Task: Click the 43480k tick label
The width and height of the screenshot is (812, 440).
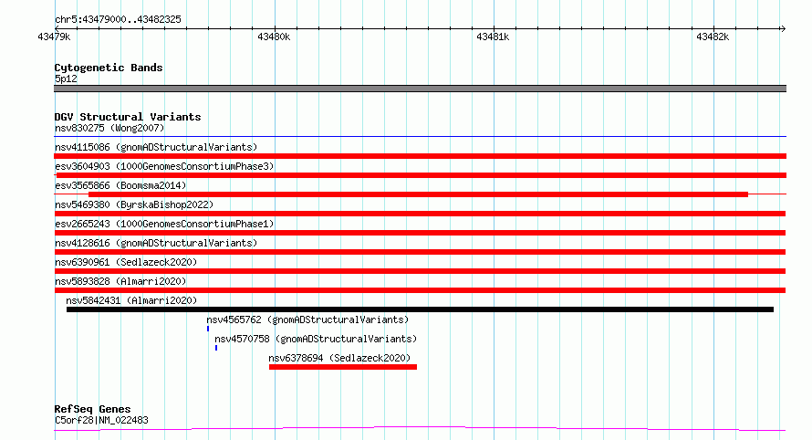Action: [x=274, y=37]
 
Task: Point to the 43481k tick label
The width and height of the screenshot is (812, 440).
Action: [x=493, y=37]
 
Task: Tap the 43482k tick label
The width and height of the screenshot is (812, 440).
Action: [x=713, y=37]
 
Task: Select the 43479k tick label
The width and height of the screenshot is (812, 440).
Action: [x=54, y=37]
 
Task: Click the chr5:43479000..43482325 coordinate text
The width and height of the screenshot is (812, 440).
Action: [x=118, y=20]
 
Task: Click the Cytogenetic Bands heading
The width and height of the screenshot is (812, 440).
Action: [x=109, y=68]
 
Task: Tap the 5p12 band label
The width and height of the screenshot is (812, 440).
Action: [x=66, y=79]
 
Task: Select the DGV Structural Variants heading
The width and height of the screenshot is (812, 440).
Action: [x=128, y=117]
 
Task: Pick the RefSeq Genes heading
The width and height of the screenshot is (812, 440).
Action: [x=92, y=409]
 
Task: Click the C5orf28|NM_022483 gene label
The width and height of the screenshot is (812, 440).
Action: [x=101, y=420]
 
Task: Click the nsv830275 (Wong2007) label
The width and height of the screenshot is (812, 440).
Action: [x=109, y=128]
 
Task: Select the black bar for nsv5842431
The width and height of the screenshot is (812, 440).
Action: [x=420, y=309]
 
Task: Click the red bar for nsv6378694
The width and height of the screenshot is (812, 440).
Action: [x=343, y=367]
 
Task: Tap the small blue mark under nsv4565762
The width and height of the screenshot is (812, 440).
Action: [x=208, y=329]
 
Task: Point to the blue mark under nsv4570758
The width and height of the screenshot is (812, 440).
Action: [x=216, y=348]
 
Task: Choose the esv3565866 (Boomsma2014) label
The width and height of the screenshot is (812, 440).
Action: [x=120, y=185]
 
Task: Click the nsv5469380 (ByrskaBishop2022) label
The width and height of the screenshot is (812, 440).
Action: [x=134, y=204]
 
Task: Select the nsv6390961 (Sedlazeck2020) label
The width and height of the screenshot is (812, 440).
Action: [x=126, y=262]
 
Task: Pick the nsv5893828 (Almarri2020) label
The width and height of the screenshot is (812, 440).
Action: [x=120, y=281]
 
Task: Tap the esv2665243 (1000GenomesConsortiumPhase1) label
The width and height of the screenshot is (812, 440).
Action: [x=164, y=224]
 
